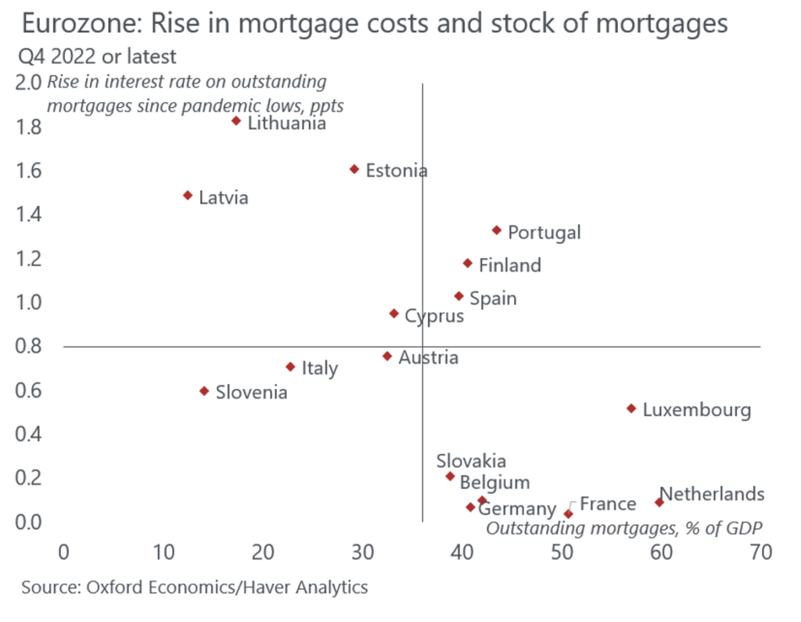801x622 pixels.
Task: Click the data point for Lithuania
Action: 236,120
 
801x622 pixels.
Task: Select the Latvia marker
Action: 188,195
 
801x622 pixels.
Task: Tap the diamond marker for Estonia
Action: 354,169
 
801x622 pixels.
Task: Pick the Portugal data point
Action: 496,230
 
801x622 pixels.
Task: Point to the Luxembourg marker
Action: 631,408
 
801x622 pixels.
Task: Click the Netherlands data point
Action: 659,502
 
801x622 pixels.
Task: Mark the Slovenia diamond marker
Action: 204,390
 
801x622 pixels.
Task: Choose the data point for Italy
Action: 290,366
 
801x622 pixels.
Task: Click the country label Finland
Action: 509,265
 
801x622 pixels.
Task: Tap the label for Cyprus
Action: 433,316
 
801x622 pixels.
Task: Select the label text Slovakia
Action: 471,462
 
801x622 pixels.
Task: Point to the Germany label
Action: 517,510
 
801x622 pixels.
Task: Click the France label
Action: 608,504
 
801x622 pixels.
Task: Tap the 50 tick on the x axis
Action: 561,552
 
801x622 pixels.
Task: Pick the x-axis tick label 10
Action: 163,552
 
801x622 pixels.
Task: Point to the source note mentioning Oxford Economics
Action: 194,587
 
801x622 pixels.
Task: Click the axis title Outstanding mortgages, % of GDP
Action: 624,527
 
